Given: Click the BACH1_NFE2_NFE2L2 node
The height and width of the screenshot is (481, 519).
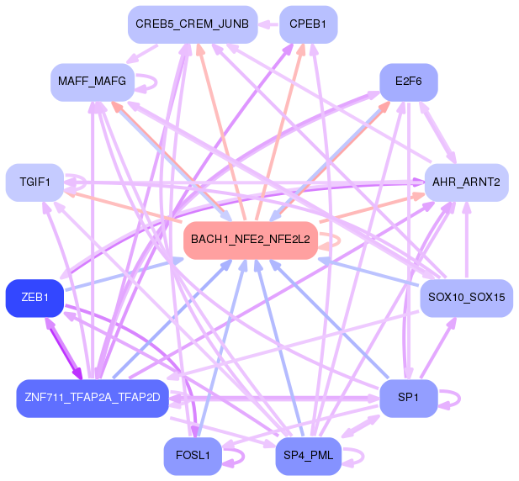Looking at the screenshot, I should click(250, 240).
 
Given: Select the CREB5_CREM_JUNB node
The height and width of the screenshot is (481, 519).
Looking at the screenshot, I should click(191, 24).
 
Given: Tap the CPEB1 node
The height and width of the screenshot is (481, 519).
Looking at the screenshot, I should click(307, 24).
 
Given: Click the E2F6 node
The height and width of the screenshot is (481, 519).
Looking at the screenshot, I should click(408, 82).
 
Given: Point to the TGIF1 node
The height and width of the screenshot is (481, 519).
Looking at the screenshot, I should click(34, 182).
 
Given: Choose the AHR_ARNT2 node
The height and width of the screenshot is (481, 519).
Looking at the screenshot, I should click(465, 182).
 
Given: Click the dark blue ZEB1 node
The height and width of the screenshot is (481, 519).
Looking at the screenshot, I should click(34, 298).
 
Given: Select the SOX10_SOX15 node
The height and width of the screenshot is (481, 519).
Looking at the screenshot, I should click(465, 298).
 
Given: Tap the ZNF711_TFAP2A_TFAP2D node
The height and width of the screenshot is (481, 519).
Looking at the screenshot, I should click(92, 397).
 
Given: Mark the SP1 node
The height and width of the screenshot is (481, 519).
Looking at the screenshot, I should click(408, 397).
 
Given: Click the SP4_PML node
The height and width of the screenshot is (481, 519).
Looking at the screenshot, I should click(307, 457).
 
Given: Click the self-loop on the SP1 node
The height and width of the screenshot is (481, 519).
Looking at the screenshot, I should click(452, 398).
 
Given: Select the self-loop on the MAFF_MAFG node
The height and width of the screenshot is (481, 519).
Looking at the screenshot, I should click(148, 82).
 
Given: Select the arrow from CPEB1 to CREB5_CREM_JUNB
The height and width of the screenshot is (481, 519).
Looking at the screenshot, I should click(267, 24).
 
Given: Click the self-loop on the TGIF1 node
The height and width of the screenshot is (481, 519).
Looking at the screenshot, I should click(77, 182).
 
